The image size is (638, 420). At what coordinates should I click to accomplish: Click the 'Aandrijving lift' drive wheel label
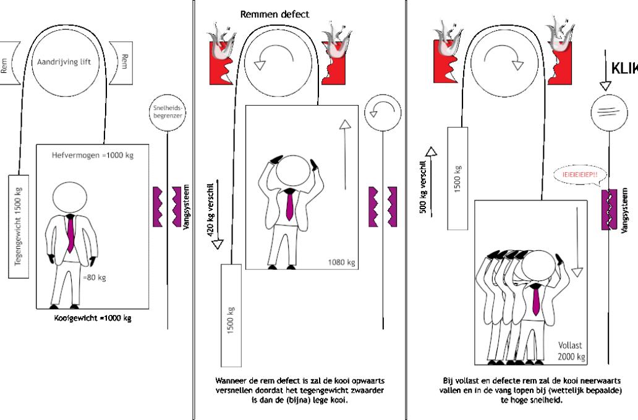[64, 62]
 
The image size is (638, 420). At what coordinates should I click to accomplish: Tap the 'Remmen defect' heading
[274, 14]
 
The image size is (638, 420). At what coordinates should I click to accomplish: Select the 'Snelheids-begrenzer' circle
[168, 112]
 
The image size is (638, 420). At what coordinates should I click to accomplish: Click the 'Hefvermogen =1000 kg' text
[92, 155]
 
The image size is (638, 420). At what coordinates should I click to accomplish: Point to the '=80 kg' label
[95, 278]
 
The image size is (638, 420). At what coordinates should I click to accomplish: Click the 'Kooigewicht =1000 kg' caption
[92, 318]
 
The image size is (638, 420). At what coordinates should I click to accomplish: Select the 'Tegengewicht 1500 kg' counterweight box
[19, 227]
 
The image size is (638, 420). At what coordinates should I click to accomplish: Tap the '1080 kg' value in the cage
[341, 262]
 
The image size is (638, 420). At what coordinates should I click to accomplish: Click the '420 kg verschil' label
[210, 210]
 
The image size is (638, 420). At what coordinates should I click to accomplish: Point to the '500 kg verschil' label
[423, 187]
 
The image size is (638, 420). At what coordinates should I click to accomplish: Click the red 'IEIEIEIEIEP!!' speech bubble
[580, 175]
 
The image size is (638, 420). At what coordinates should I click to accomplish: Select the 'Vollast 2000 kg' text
[571, 351]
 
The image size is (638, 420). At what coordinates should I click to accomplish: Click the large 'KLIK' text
[624, 69]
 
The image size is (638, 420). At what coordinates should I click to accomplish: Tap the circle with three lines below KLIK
[609, 112]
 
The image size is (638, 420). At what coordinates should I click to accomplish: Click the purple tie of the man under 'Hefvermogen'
[70, 233]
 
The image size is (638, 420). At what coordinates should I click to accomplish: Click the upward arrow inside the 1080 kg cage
[345, 154]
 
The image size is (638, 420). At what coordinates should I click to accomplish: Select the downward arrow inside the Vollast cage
[577, 242]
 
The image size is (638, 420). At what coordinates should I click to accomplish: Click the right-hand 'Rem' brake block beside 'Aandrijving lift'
[121, 63]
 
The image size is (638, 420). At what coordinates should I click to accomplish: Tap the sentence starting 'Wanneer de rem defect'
[300, 390]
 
